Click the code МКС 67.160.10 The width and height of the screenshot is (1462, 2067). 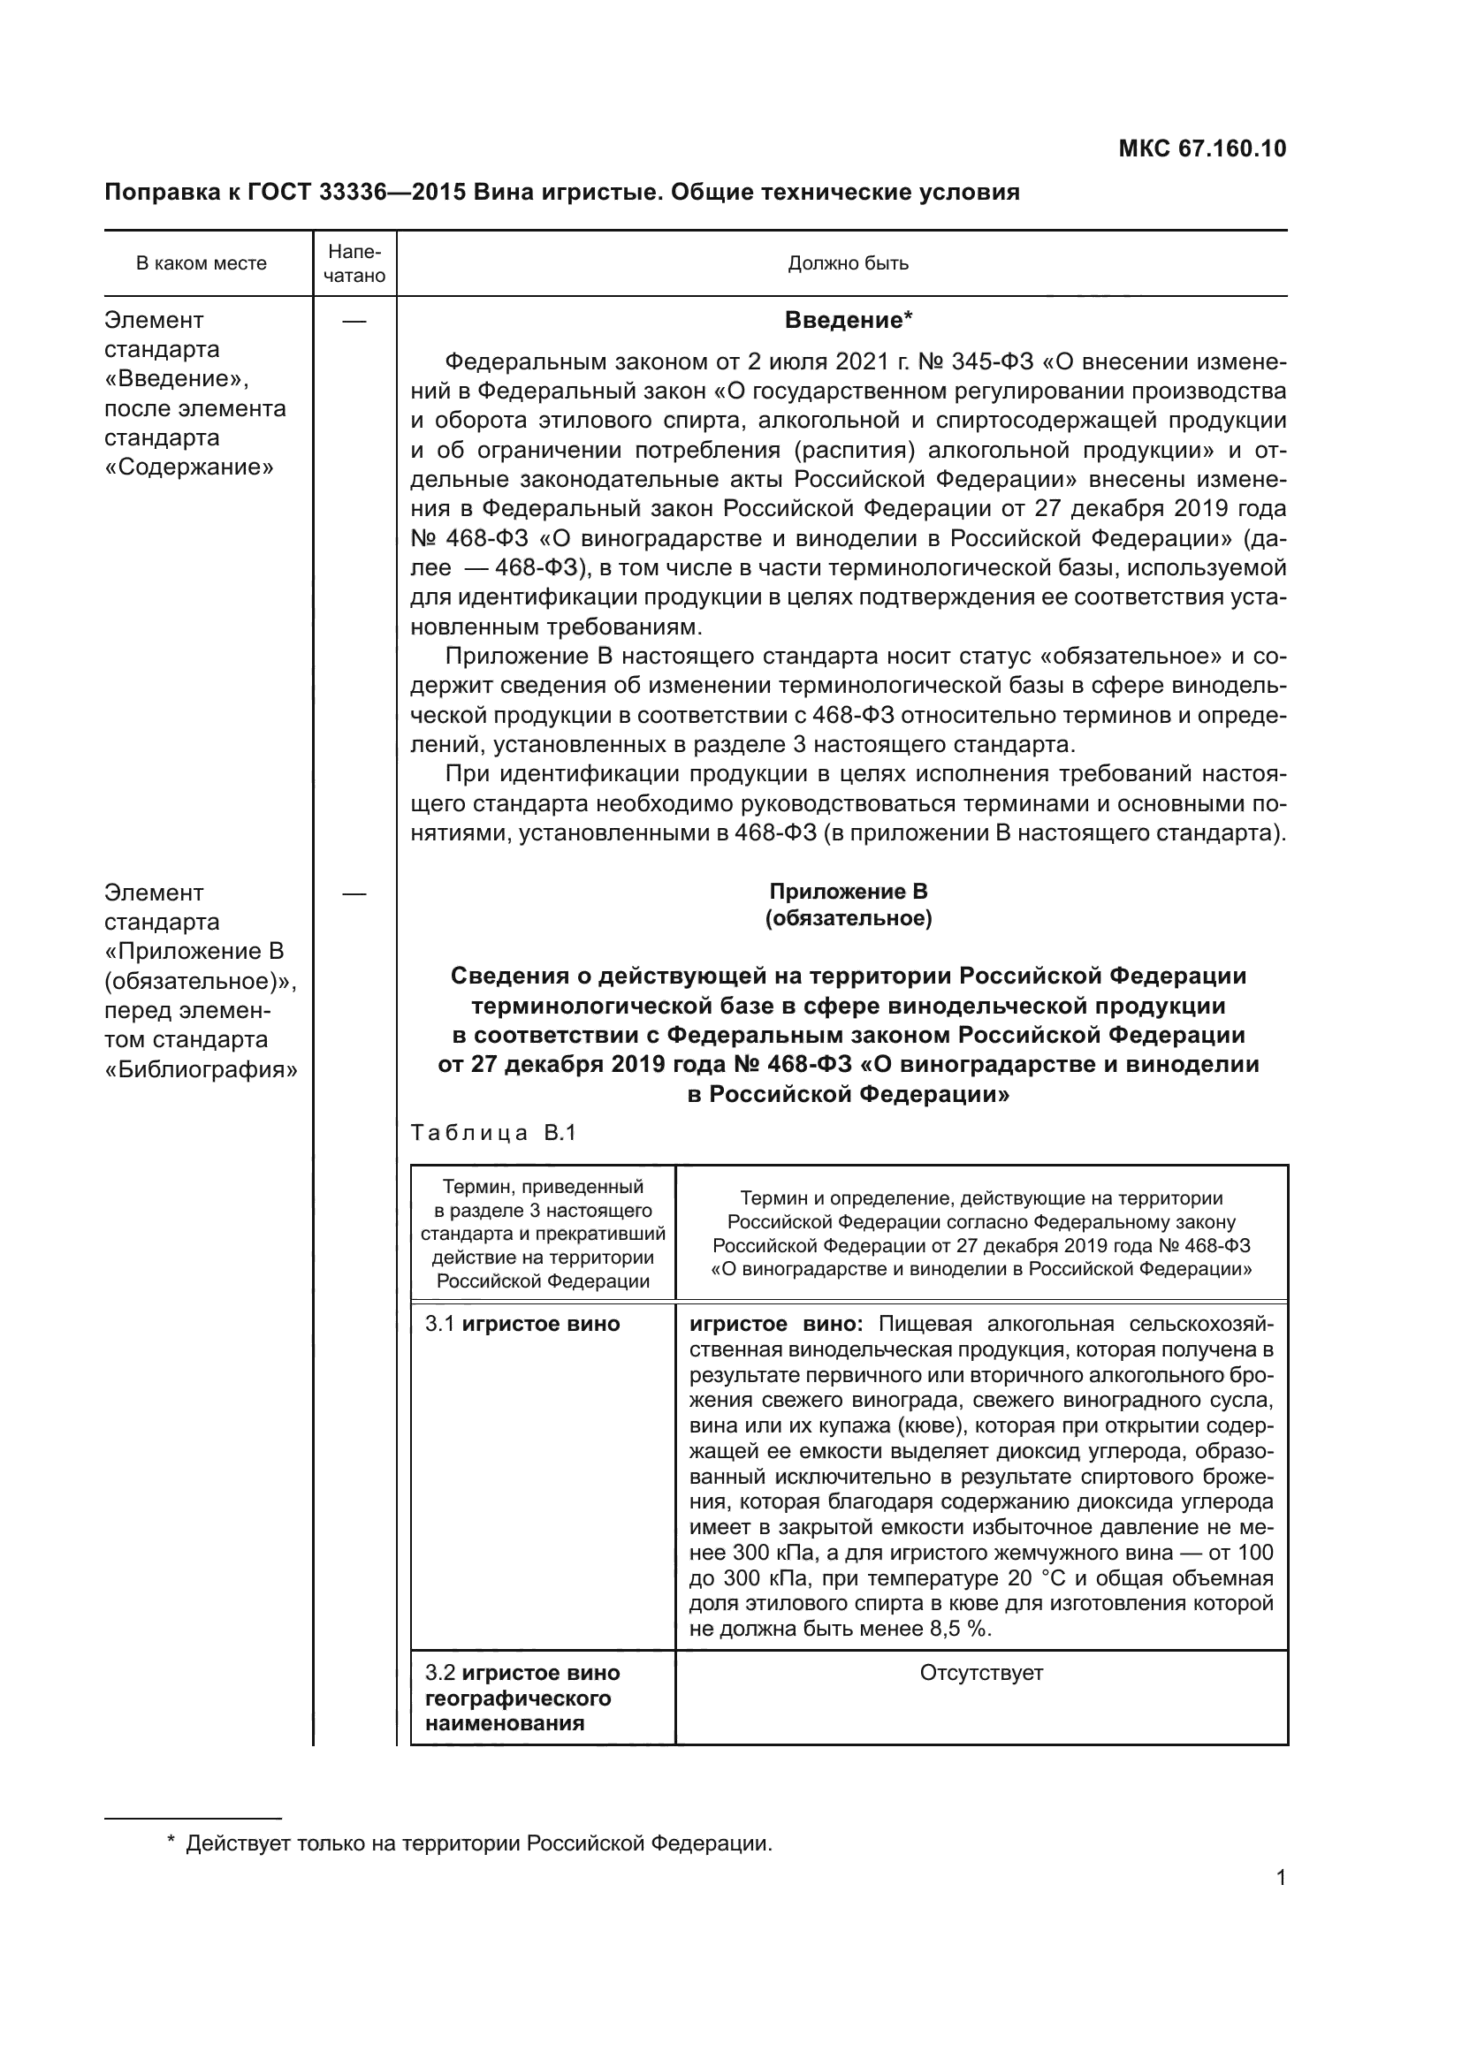point(1202,149)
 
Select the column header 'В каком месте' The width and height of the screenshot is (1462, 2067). point(201,263)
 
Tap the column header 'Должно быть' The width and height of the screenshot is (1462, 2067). point(848,263)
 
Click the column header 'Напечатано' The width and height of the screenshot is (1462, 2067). point(354,263)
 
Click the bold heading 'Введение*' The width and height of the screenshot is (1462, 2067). point(848,321)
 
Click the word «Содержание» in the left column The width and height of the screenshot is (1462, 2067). point(189,467)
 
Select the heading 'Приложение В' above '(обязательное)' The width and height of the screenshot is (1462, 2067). point(848,892)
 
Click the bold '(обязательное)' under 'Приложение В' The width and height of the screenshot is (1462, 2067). point(848,918)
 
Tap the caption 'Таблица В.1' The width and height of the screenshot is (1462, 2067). point(492,1133)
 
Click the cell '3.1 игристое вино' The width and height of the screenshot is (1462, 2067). point(522,1325)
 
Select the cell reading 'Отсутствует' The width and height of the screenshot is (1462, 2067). point(980,1673)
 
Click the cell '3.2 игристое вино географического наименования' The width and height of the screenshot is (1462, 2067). point(522,1698)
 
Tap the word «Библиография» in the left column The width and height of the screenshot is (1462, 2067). point(201,1069)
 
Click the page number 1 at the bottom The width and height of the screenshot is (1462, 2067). point(1280,1878)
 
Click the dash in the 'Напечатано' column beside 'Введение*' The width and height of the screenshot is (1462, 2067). point(354,322)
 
